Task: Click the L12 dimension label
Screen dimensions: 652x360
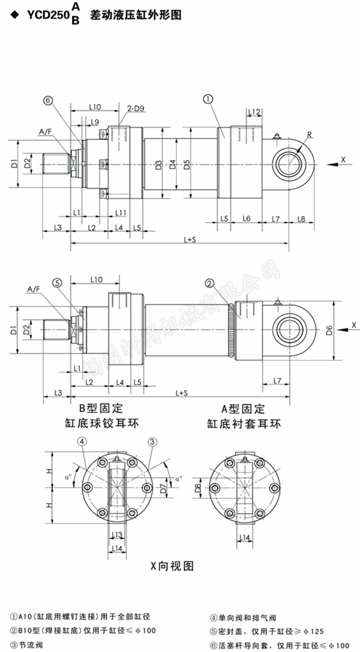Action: click(254, 112)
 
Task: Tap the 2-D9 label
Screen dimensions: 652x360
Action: click(135, 108)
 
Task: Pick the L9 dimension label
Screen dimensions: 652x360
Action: click(95, 122)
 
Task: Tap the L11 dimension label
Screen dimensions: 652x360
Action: click(121, 213)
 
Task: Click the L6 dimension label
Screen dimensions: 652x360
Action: click(246, 219)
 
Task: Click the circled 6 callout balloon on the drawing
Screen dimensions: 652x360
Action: click(49, 101)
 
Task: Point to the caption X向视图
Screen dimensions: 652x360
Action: click(172, 566)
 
